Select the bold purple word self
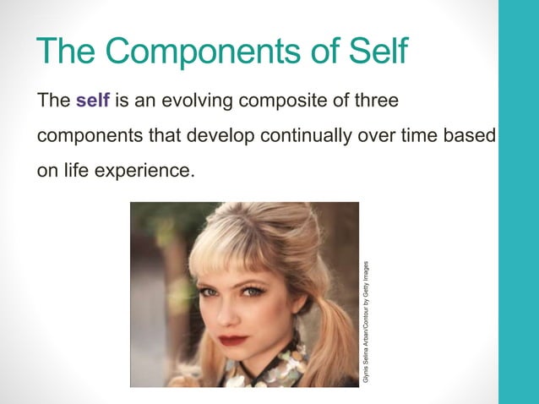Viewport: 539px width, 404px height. [x=92, y=101]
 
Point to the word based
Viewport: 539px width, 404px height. [x=465, y=135]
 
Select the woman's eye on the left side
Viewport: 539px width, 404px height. [x=208, y=292]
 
